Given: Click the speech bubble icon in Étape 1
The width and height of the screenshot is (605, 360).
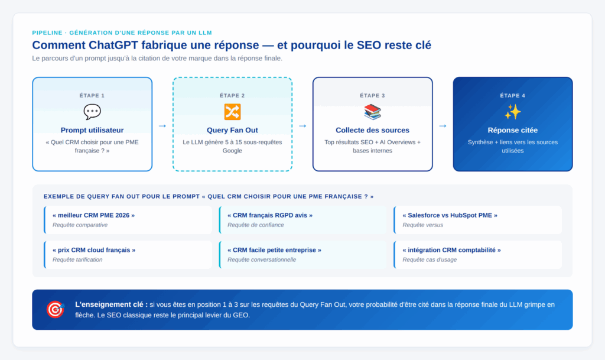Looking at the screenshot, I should (x=92, y=112).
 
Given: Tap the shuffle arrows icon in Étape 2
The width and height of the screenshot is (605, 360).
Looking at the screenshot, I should (x=232, y=112).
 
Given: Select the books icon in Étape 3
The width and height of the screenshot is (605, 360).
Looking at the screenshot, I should (x=372, y=112).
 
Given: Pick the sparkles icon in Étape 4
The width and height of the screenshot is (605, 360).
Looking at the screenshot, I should (x=512, y=112).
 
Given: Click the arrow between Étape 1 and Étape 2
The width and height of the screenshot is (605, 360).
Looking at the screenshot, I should (x=162, y=125).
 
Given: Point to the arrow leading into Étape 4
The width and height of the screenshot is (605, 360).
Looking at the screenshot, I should (x=443, y=125).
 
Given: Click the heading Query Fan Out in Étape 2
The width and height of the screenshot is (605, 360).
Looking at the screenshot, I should (x=232, y=130).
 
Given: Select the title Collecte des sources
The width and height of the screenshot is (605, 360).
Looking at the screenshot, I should (x=372, y=130).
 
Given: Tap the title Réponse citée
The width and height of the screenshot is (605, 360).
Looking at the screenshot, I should (x=512, y=130).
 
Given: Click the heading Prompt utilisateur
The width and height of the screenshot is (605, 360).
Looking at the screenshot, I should (x=92, y=130).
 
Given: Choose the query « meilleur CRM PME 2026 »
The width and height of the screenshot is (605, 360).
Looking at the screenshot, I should (x=93, y=215).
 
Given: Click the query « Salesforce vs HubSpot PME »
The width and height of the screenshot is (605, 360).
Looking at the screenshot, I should (x=450, y=215).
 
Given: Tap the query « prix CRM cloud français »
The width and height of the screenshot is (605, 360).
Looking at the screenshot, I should (x=94, y=250).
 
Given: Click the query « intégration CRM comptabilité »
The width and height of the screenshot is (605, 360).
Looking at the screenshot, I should (x=451, y=250).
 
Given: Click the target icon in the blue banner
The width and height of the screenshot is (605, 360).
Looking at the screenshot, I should (x=55, y=309).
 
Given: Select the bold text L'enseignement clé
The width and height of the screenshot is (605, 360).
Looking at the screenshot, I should (x=110, y=304).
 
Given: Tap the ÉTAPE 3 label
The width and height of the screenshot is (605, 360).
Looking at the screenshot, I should (x=372, y=95).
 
